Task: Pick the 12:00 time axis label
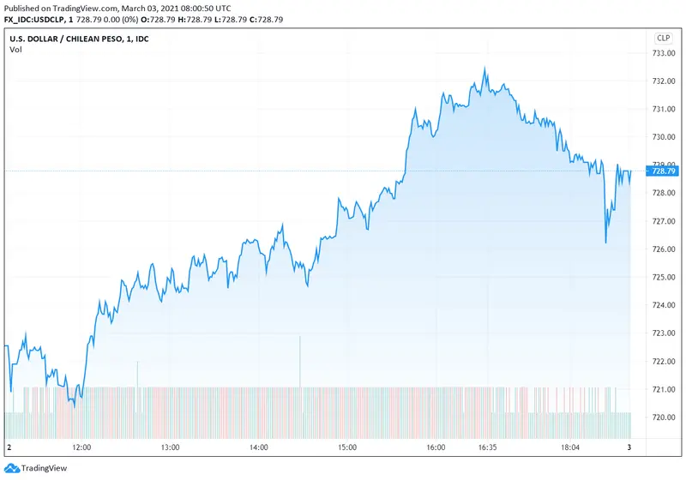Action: tap(81, 447)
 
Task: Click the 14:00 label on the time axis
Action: tap(258, 447)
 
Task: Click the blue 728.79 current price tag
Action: tap(664, 171)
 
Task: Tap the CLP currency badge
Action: tap(664, 38)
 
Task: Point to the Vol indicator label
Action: tap(15, 50)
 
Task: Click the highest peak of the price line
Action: tap(484, 69)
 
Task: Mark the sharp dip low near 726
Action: tap(605, 243)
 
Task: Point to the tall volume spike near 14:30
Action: tap(300, 339)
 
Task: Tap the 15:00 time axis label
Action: tap(346, 447)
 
